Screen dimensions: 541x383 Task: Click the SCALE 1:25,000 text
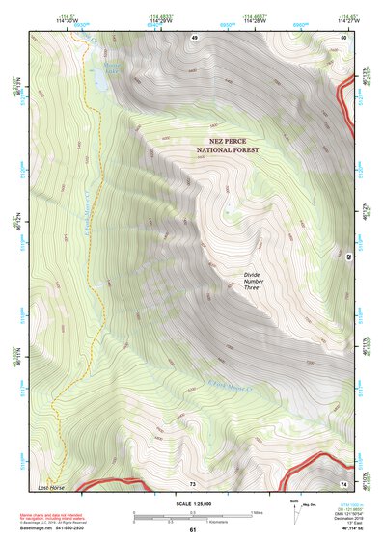192,502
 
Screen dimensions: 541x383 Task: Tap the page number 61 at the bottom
192,529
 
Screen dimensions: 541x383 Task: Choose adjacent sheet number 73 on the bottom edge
192,482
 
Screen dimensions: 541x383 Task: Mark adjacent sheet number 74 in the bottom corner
342,482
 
